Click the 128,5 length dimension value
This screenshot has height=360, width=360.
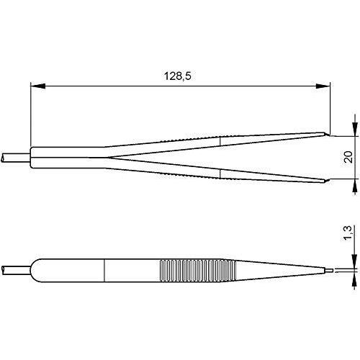pyautogui.click(x=178, y=76)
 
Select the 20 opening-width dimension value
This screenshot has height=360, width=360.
pyautogui.click(x=348, y=157)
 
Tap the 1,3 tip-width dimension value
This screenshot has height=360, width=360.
pyautogui.click(x=348, y=233)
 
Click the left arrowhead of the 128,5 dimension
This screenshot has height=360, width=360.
pyautogui.click(x=38, y=86)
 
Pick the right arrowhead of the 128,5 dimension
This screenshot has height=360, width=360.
pyautogui.click(x=323, y=86)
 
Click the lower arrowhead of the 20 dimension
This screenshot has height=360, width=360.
pyautogui.click(x=354, y=186)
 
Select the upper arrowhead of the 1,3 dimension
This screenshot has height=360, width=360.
pyautogui.click(x=354, y=261)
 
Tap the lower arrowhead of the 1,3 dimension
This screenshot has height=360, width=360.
pyautogui.click(x=354, y=279)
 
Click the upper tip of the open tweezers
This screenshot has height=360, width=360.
pyautogui.click(x=329, y=135)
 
